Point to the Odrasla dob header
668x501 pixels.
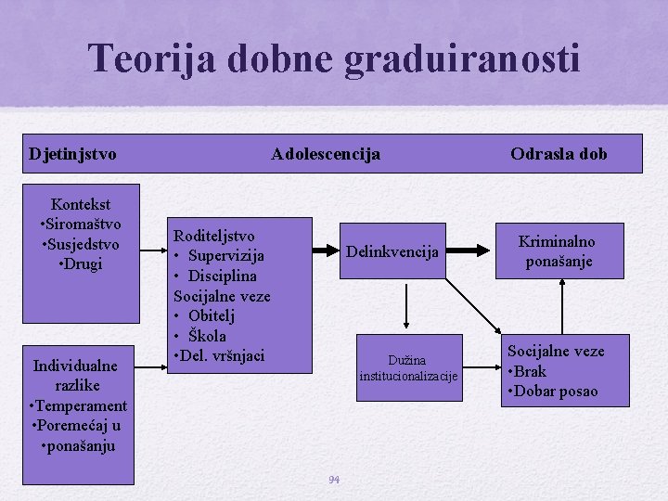pyautogui.click(x=559, y=154)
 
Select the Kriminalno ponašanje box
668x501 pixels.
pyautogui.click(x=557, y=251)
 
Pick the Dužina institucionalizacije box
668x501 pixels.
pyautogui.click(x=409, y=367)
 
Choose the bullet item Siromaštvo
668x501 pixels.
pyautogui.click(x=80, y=225)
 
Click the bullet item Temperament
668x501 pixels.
pyautogui.click(x=79, y=405)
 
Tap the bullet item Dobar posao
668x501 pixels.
pyautogui.click(x=553, y=391)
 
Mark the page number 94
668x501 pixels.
pyautogui.click(x=334, y=480)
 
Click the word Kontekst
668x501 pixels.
pyautogui.click(x=81, y=204)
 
